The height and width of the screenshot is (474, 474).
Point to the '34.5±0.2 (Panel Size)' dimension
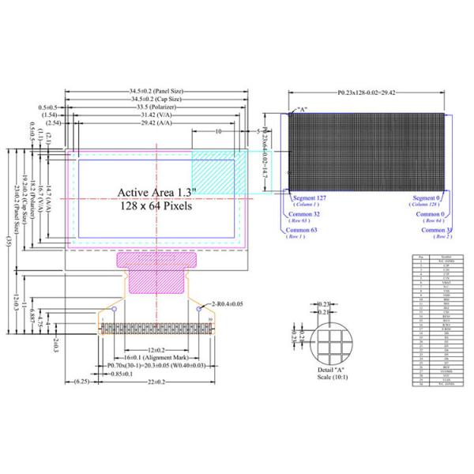click(160, 92)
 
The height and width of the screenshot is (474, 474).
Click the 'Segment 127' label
click(309, 197)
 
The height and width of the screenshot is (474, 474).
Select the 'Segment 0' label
click(433, 197)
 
